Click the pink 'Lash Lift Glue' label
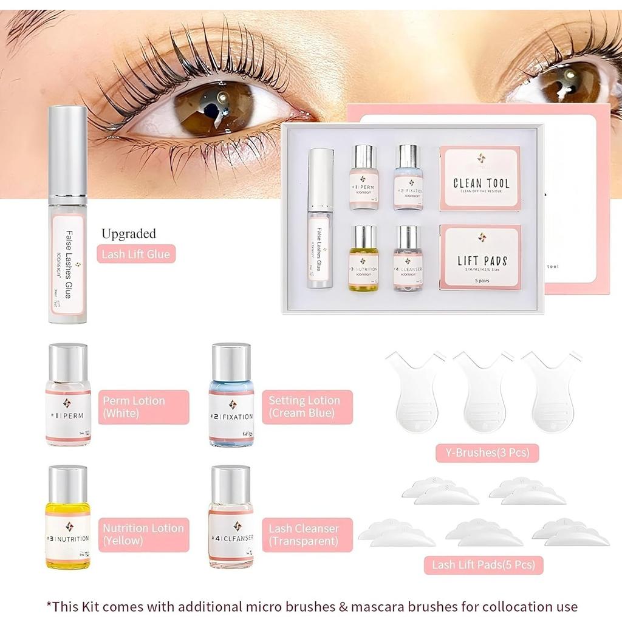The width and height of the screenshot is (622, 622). click(x=135, y=254)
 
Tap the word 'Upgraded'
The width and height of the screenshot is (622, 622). click(x=129, y=234)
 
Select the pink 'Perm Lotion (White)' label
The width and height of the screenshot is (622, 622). click(x=143, y=407)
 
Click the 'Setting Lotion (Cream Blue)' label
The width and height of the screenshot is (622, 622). click(x=307, y=407)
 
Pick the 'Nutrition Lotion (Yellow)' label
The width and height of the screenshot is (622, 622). click(x=143, y=535)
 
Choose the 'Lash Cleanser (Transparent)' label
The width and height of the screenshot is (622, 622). click(x=307, y=535)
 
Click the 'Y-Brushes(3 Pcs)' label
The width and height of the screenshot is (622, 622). click(x=487, y=453)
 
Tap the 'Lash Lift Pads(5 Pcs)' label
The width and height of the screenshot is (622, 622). click(x=484, y=565)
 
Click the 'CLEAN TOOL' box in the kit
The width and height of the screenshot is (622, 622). click(x=480, y=179)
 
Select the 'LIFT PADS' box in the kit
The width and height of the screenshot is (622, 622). click(x=480, y=257)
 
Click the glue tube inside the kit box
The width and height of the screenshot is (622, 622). click(x=320, y=219)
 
